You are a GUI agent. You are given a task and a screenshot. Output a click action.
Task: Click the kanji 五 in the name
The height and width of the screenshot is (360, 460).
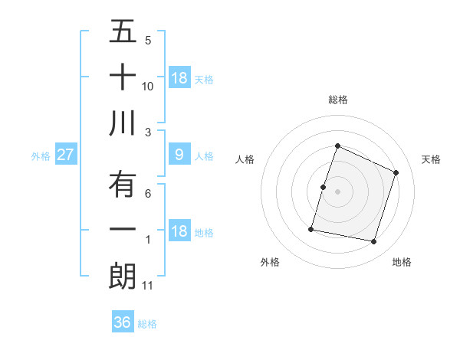point(123,32)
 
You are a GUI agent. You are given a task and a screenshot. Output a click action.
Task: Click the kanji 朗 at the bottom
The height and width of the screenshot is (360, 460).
point(123,276)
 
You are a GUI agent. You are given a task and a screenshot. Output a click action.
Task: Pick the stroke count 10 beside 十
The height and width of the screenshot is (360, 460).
point(148,87)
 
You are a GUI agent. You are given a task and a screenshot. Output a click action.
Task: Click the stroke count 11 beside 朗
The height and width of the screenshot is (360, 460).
point(148,286)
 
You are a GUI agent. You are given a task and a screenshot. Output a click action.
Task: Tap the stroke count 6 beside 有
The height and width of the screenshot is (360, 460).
point(148,194)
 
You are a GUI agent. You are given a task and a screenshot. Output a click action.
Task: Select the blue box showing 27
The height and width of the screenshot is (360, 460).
point(65,155)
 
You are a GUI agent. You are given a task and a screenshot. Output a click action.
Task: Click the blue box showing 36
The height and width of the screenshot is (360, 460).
point(123,322)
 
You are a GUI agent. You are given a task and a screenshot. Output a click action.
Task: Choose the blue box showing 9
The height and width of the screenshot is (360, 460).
point(179,155)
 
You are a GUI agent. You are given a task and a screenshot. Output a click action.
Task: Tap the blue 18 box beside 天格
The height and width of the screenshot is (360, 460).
point(179,78)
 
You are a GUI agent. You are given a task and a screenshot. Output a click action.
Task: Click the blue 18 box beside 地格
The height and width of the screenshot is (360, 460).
point(179,231)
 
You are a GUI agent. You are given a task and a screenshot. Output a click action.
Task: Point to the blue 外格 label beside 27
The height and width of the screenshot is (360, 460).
point(41,156)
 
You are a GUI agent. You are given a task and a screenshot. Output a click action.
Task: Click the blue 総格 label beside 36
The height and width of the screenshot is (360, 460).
point(147,324)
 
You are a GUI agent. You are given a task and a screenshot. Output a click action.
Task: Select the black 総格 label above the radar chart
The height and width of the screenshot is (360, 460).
point(337,100)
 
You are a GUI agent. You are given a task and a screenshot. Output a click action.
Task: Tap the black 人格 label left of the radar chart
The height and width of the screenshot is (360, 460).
point(245,159)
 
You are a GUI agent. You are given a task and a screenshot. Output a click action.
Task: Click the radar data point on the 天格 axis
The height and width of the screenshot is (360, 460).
point(396,172)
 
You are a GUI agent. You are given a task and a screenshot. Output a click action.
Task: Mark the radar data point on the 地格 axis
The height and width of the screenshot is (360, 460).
point(374,242)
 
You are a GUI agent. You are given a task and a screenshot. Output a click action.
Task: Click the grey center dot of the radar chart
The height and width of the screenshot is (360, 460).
point(337,191)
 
